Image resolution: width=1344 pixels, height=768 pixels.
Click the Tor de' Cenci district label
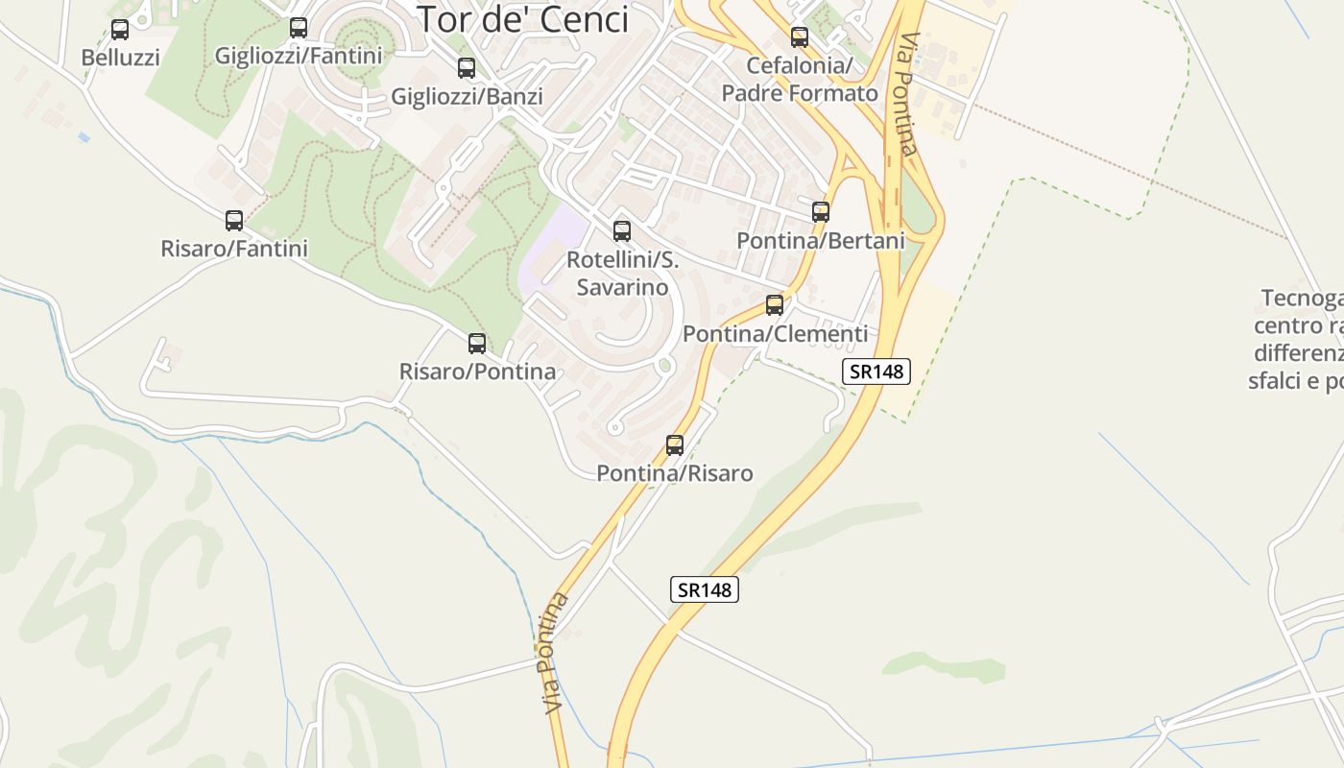(x=522, y=19)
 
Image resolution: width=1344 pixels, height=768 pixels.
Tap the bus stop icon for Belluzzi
(x=120, y=30)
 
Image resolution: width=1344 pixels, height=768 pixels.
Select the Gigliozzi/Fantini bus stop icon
(x=299, y=28)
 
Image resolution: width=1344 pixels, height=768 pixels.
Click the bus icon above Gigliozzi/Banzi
(x=467, y=68)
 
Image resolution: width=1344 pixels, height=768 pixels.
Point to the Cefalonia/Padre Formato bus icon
(x=799, y=37)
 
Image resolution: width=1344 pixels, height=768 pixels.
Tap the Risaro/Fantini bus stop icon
(x=234, y=221)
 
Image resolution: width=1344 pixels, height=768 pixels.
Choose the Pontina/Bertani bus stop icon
(x=821, y=212)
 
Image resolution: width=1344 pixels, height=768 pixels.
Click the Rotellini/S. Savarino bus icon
(x=622, y=231)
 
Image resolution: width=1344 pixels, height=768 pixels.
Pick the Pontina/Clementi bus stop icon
(x=775, y=305)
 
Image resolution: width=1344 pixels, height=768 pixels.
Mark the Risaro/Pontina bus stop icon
(x=477, y=343)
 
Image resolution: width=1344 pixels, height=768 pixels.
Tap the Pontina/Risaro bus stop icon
(x=675, y=444)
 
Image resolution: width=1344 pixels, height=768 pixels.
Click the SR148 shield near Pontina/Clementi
(x=876, y=372)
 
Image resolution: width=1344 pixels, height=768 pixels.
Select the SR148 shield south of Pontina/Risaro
(x=704, y=589)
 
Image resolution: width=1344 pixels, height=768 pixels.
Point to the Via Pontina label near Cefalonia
(x=907, y=94)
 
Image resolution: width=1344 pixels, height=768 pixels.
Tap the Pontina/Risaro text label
(x=675, y=473)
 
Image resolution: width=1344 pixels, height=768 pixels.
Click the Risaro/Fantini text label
(x=234, y=249)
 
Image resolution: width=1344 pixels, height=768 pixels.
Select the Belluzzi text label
(x=120, y=58)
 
